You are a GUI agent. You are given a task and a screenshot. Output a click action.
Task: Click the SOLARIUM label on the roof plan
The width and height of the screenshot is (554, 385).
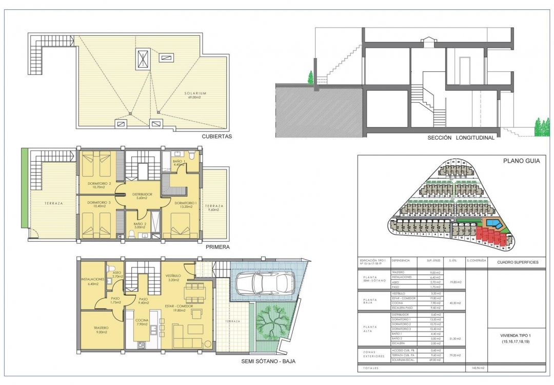pyautogui.click(x=195, y=93)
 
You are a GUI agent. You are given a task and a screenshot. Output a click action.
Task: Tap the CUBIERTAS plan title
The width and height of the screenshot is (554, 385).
pyautogui.click(x=217, y=137)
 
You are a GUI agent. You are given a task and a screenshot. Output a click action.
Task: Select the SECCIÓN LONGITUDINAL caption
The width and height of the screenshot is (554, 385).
pyautogui.click(x=461, y=138)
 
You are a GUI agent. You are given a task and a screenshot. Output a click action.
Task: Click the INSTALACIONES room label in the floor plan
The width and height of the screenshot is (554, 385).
pyautogui.click(x=93, y=279)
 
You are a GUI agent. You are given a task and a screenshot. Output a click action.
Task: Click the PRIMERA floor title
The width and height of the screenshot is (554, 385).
pyautogui.click(x=217, y=247)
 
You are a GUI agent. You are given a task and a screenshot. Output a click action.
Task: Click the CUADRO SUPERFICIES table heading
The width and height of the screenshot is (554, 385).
pyautogui.click(x=518, y=262)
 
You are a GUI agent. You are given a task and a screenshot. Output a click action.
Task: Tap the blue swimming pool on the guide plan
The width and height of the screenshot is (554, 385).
pyautogui.click(x=493, y=223)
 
